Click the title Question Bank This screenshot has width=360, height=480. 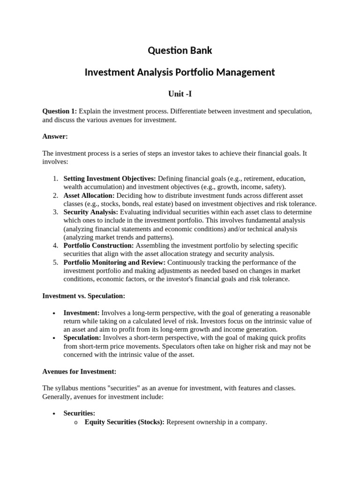tap(180, 50)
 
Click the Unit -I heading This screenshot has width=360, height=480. tap(180, 94)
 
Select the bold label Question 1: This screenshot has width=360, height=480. tap(60, 111)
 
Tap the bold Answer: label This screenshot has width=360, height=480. tap(55, 136)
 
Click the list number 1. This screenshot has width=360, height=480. tap(55, 179)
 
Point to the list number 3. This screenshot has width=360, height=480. tap(55, 212)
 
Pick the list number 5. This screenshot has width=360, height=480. tap(55, 262)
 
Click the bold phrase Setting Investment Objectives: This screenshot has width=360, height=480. tap(110, 179)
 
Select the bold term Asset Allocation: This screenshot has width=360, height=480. tap(89, 195)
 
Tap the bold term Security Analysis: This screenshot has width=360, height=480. tap(91, 212)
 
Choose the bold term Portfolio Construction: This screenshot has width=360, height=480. tap(98, 246)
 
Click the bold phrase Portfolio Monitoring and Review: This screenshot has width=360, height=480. tap(114, 262)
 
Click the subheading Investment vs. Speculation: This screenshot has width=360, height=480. tap(83, 296)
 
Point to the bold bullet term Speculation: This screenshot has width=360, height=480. tap(82, 337)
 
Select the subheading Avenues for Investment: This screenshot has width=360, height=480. tap(79, 371)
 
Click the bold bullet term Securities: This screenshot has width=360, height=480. tap(79, 413)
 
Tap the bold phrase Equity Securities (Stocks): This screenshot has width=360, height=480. tap(124, 422)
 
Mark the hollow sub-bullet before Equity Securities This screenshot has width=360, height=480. tap(75, 422)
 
